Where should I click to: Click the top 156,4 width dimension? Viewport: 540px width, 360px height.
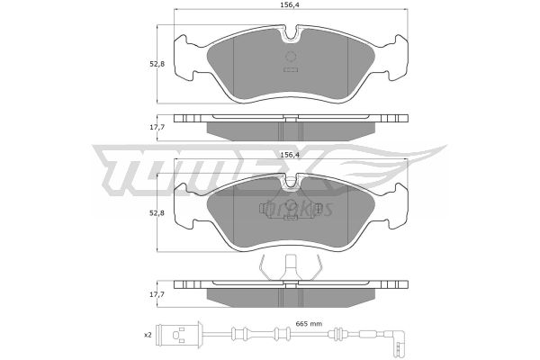(289, 4)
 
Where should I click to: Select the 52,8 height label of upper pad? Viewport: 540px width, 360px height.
(157, 64)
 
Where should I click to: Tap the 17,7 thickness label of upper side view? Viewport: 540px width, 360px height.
(157, 127)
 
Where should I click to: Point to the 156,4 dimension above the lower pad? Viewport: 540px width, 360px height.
(290, 155)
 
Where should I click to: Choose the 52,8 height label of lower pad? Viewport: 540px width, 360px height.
(157, 213)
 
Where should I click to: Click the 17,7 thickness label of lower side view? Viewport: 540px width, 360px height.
(157, 294)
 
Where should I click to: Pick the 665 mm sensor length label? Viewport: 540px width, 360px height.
(309, 324)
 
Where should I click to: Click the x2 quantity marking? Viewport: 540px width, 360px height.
(148, 335)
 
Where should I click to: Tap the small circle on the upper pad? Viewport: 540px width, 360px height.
(291, 56)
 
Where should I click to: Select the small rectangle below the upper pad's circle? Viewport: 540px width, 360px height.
(291, 69)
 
